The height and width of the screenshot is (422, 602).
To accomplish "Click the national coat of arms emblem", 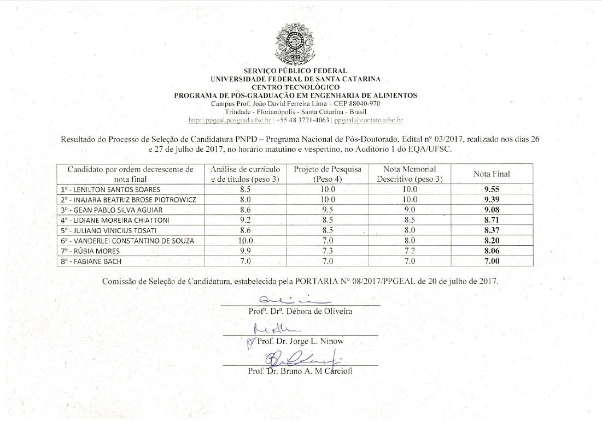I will (296, 44).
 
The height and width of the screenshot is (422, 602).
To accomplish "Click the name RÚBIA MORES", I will (90, 251).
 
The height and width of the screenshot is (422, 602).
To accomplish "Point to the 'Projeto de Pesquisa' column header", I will (328, 174).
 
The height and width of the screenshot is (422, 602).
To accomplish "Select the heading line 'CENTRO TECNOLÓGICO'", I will (295, 87).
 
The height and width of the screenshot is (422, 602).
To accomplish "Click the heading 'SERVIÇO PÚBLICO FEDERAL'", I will (295, 71).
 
